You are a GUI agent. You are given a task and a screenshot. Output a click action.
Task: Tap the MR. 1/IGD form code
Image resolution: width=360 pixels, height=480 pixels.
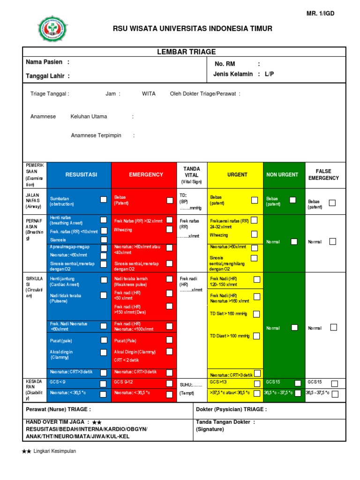point(320,13)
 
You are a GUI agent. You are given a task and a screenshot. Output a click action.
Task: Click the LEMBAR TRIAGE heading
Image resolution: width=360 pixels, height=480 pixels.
point(186,52)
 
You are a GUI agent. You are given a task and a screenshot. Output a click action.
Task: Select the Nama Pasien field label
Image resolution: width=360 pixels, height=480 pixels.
point(47,62)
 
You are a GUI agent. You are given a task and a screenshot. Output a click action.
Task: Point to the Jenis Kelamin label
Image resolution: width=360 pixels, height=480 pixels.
point(233,75)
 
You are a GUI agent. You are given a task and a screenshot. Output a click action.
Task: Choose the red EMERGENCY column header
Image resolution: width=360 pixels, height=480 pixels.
point(146,175)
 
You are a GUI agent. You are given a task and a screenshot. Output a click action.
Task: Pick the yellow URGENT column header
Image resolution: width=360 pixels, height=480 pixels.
point(237,175)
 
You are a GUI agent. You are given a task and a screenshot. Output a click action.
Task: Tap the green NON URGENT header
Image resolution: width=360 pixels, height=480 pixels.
point(282,175)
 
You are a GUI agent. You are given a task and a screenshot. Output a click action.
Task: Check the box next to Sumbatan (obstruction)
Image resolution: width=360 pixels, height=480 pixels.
point(104,200)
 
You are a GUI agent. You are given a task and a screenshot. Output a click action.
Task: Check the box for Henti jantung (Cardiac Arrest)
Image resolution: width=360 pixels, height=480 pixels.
point(104,279)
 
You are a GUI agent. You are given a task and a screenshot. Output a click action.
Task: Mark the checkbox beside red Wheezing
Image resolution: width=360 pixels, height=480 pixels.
point(170,230)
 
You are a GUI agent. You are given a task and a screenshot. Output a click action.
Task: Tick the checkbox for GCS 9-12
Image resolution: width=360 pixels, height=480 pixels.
point(170,383)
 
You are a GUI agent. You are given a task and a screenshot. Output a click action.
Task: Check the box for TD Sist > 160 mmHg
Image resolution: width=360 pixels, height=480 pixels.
point(256,314)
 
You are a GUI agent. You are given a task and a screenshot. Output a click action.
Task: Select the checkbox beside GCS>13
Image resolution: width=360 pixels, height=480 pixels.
point(256,383)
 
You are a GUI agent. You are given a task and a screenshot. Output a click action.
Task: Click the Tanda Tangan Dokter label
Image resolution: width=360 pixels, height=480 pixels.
point(225,422)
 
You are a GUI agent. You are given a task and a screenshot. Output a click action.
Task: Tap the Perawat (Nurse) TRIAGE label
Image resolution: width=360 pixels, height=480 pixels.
point(58,409)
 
